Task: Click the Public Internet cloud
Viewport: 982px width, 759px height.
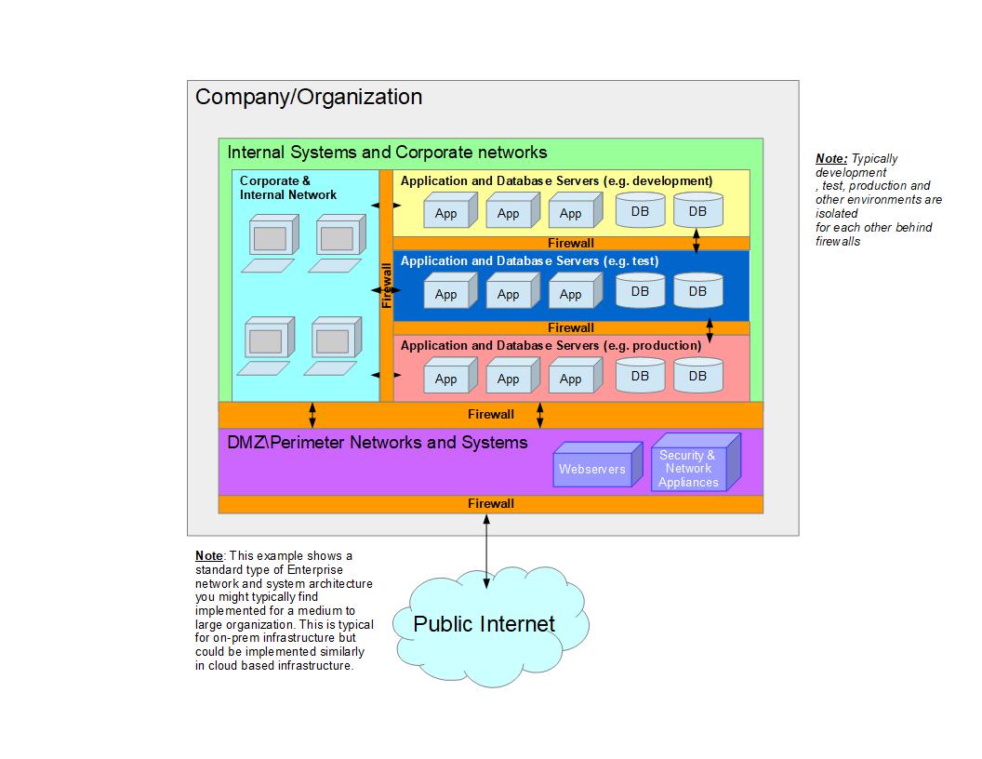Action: coord(484,623)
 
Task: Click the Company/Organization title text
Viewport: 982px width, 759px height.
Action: coord(309,97)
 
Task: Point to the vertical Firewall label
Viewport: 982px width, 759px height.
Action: coord(387,285)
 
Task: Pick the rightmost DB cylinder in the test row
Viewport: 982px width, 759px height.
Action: coord(697,291)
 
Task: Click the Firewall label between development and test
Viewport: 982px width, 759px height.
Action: coord(571,244)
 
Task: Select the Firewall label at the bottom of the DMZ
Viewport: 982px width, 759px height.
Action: coord(491,503)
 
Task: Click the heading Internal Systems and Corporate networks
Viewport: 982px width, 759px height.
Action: coord(387,153)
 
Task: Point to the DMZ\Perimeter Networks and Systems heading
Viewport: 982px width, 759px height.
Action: coord(378,443)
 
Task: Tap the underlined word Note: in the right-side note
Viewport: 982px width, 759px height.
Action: coord(831,159)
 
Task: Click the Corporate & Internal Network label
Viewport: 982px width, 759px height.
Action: coord(288,188)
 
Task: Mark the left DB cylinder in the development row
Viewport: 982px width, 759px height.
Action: coord(640,211)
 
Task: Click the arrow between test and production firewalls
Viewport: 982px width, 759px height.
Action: coord(710,328)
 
